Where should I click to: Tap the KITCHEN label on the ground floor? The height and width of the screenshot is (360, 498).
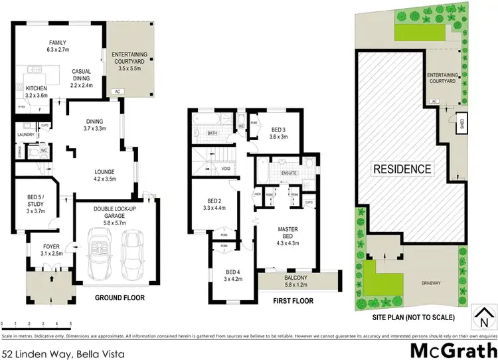[x=37, y=88]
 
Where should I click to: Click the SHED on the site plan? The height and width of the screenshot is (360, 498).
[x=461, y=124]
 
